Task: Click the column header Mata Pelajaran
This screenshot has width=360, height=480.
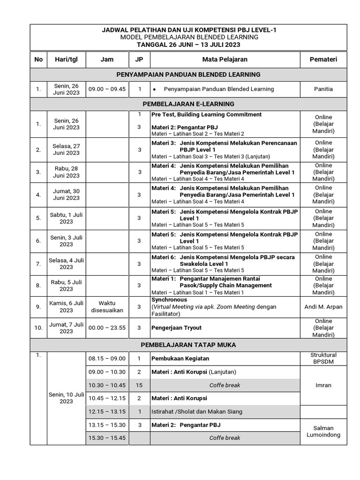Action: (x=225, y=60)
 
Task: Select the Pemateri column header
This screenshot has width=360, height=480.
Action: (x=323, y=60)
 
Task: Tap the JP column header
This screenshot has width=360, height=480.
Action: (x=139, y=60)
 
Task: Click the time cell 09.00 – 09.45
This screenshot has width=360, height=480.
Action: (x=107, y=89)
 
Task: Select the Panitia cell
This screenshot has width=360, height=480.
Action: (x=323, y=89)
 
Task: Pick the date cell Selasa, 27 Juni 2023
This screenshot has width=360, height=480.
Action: (x=66, y=150)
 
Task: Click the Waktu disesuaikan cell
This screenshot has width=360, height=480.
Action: (x=107, y=307)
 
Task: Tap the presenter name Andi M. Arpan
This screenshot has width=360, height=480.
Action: (x=323, y=307)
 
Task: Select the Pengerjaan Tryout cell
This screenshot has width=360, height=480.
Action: (x=176, y=328)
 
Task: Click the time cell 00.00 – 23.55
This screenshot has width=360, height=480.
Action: (x=107, y=328)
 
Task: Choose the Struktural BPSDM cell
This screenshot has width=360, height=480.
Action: (x=323, y=358)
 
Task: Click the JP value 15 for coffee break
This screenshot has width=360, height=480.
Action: (x=139, y=385)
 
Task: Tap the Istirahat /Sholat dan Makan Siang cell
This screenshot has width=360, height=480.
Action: (x=197, y=412)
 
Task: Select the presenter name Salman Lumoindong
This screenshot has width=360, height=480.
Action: (x=323, y=431)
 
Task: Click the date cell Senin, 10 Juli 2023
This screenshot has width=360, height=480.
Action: (x=66, y=397)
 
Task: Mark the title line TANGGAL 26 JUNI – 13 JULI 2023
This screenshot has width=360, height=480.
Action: (x=188, y=45)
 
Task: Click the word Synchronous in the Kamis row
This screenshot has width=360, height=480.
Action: (x=169, y=300)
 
